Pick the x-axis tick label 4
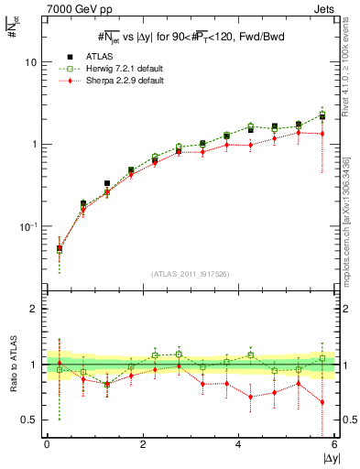pos(238,446)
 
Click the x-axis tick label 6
pos(334,446)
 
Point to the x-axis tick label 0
pos(47,446)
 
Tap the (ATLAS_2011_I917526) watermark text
pos(191,274)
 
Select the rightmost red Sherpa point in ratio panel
pos(322,402)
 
